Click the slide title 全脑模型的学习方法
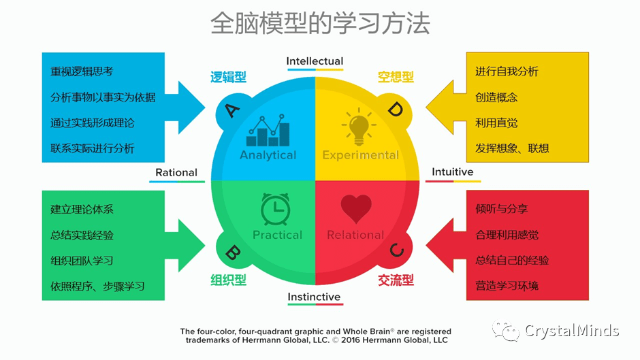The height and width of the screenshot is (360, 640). pyautogui.click(x=320, y=23)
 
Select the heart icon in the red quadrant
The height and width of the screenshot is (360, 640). pyautogui.click(x=355, y=208)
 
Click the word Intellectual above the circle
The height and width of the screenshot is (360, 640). pyautogui.click(x=315, y=61)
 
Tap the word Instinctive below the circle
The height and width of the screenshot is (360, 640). pyautogui.click(x=314, y=297)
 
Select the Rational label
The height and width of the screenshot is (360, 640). pyautogui.click(x=176, y=173)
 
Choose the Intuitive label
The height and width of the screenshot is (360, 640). pyautogui.click(x=452, y=172)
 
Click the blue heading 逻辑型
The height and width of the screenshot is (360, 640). pyautogui.click(x=228, y=77)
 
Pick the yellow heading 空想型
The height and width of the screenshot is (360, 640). pyautogui.click(x=396, y=77)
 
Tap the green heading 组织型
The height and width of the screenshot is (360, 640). pyautogui.click(x=228, y=280)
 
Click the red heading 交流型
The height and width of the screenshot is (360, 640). pyautogui.click(x=396, y=280)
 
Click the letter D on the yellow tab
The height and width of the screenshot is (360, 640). pyautogui.click(x=396, y=109)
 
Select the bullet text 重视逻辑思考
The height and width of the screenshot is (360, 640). pyautogui.click(x=82, y=71)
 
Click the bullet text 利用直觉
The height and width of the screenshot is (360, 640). pyautogui.click(x=496, y=122)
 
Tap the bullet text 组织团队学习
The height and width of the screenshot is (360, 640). pyautogui.click(x=82, y=261)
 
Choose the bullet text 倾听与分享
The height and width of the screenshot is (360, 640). pyautogui.click(x=502, y=209)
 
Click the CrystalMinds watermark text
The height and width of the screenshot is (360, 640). pyautogui.click(x=571, y=331)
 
